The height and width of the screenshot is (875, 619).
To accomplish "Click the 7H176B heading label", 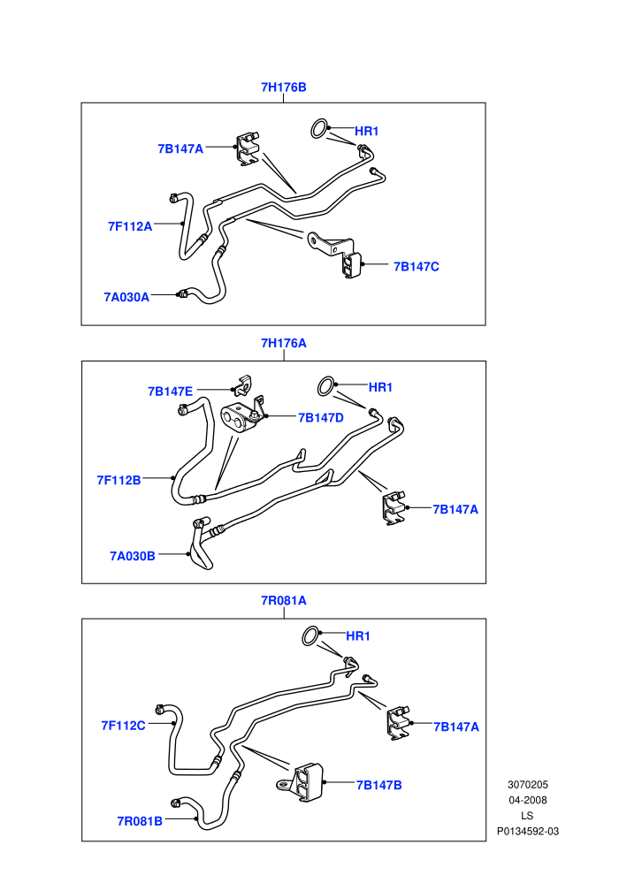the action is pos(284,87).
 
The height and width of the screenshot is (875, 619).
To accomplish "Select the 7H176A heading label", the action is pos(284,343).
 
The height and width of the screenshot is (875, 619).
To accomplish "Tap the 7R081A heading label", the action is pos(284,600).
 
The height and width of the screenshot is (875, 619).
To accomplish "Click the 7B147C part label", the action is pos(416,267).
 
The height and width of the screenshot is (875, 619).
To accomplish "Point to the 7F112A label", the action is pos(130,226).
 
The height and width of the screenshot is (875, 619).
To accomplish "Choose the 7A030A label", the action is pos(126,297).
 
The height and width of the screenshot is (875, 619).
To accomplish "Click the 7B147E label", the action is pos(171,392).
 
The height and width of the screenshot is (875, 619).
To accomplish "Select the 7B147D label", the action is pos(321,418).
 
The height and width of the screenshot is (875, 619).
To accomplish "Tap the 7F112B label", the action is pos(118,480).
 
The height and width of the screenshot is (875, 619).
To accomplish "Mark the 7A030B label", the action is pos(133,556).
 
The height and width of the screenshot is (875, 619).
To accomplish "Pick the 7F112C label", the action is pos(123,726).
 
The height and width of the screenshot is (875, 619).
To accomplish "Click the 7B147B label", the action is pos(379,785).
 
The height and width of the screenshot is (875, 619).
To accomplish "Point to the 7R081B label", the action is pos(140,821).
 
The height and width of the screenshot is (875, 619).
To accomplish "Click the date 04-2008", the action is pos(527,800).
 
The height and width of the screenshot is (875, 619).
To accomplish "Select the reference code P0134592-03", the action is pos(528,832).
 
